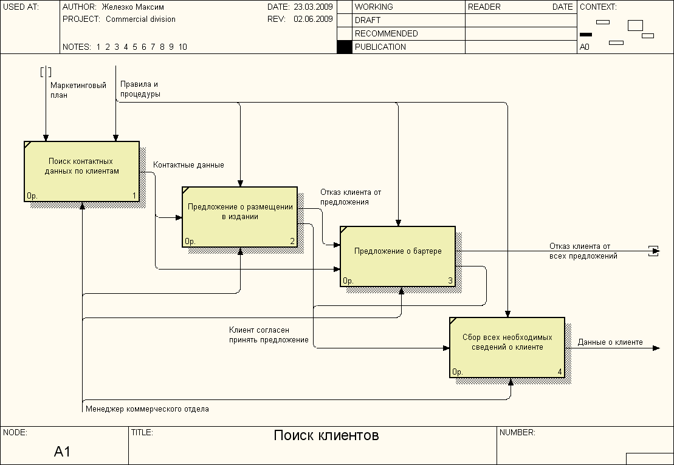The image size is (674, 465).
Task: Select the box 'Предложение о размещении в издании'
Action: (240, 217)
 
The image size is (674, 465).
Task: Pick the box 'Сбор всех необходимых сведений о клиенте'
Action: (507, 347)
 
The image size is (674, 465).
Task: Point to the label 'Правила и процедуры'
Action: (140, 89)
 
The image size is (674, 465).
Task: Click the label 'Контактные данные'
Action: (188, 165)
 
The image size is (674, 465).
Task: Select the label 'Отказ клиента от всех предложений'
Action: (583, 251)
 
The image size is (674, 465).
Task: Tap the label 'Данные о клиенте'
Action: (610, 342)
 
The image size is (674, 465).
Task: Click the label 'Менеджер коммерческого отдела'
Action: (147, 409)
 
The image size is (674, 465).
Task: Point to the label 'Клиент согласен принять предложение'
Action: (269, 334)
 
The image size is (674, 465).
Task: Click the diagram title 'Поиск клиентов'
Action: (326, 436)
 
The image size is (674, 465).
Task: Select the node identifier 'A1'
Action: (63, 452)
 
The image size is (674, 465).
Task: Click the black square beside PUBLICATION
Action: (345, 47)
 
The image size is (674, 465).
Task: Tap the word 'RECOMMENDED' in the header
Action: (386, 33)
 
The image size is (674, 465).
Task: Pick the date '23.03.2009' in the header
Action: (313, 7)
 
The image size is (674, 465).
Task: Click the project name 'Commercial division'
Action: (140, 19)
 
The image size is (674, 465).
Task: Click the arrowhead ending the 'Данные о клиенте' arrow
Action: (656, 348)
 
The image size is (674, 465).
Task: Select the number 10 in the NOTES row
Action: (183, 47)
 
